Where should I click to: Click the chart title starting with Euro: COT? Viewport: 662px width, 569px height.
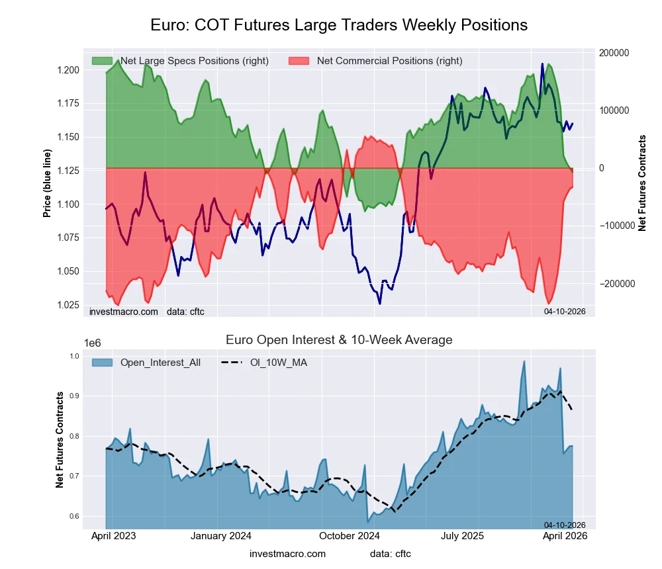pyautogui.click(x=338, y=25)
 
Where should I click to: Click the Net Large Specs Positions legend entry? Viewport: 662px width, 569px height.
pyautogui.click(x=180, y=61)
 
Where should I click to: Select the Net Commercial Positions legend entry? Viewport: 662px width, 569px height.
pyautogui.click(x=375, y=61)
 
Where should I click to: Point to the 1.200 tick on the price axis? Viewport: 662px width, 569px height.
pyautogui.click(x=67, y=70)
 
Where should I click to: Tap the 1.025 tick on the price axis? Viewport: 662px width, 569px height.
pyautogui.click(x=67, y=305)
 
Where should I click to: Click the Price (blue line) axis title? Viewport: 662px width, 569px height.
pyautogui.click(x=47, y=183)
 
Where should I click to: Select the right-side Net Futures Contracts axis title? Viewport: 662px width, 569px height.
pyautogui.click(x=641, y=183)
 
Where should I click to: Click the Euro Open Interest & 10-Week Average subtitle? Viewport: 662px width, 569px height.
pyautogui.click(x=338, y=340)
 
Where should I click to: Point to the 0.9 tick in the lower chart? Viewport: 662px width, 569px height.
pyautogui.click(x=73, y=396)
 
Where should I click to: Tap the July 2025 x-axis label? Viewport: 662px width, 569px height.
pyautogui.click(x=463, y=536)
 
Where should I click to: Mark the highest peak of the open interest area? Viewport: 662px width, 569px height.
pyautogui.click(x=524, y=361)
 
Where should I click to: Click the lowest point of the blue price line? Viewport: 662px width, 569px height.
pyautogui.click(x=380, y=304)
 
